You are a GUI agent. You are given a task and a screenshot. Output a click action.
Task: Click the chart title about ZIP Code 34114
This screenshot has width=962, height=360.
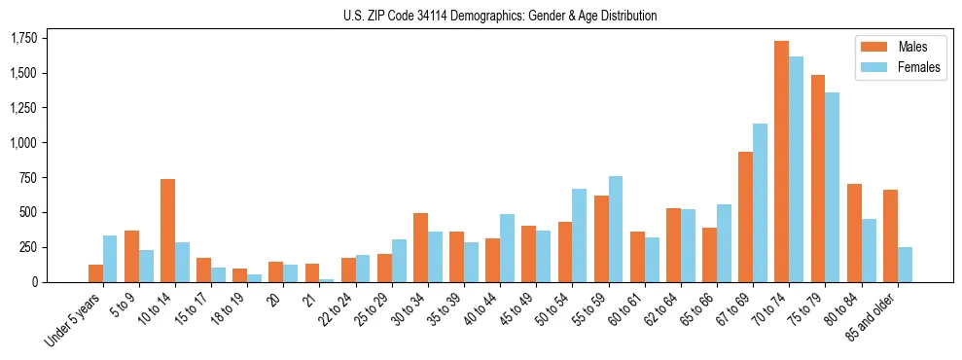tap(500, 16)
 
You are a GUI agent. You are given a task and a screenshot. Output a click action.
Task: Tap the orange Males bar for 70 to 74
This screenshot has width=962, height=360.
tap(781, 162)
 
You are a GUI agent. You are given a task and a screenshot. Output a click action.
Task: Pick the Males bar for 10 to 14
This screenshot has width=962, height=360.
tap(167, 231)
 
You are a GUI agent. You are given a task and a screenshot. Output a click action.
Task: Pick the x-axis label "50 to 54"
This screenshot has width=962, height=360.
tap(556, 310)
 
